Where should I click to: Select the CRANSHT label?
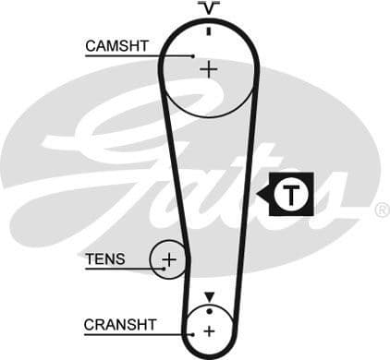(x=121, y=325)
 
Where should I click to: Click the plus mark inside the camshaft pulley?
(x=209, y=68)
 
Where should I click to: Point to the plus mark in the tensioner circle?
(x=168, y=260)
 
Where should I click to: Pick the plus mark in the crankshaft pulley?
(x=209, y=330)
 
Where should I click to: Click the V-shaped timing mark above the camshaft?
(x=210, y=9)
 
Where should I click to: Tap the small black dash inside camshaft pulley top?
(x=210, y=30)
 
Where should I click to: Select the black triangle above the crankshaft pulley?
(x=209, y=296)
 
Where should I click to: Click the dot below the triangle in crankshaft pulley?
(x=209, y=308)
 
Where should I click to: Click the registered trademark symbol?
(x=382, y=210)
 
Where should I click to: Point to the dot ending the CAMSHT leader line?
(x=192, y=56)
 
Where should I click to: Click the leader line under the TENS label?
(x=120, y=270)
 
